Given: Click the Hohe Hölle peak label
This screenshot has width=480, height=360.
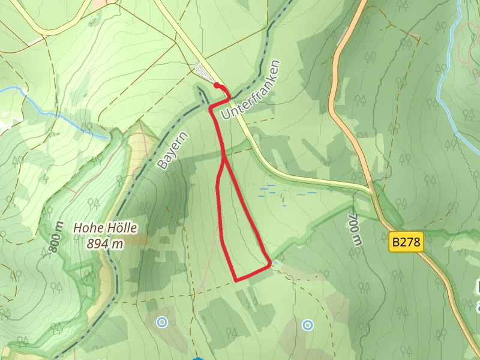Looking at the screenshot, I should [106, 228].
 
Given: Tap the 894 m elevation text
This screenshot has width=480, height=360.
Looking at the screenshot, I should [105, 243].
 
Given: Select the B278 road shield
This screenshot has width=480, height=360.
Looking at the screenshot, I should [406, 242].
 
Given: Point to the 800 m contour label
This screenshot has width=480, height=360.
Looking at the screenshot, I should [55, 237].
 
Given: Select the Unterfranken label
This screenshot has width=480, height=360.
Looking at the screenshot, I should [251, 89].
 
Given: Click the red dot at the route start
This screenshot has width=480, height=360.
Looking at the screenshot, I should [217, 86].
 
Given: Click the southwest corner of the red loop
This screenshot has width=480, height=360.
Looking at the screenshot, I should [236, 280].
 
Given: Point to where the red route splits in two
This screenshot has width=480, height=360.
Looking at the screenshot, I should [224, 160].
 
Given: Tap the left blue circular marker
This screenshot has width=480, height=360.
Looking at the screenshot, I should [161, 322].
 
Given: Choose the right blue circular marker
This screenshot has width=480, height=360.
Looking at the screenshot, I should [308, 325].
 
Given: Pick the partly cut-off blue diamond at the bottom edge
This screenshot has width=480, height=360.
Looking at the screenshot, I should [197, 358].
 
